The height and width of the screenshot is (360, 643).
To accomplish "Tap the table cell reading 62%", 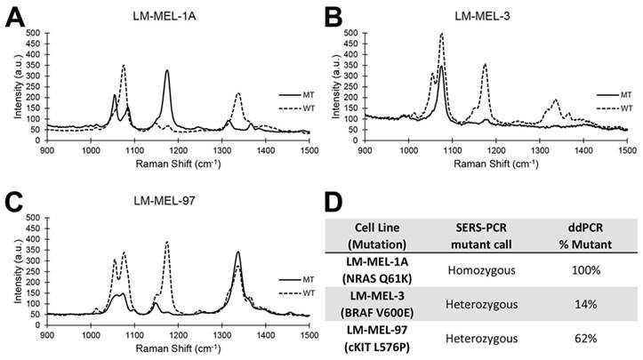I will pyautogui.click(x=575, y=338).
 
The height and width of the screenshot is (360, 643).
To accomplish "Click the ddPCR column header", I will pyautogui.click(x=575, y=221).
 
